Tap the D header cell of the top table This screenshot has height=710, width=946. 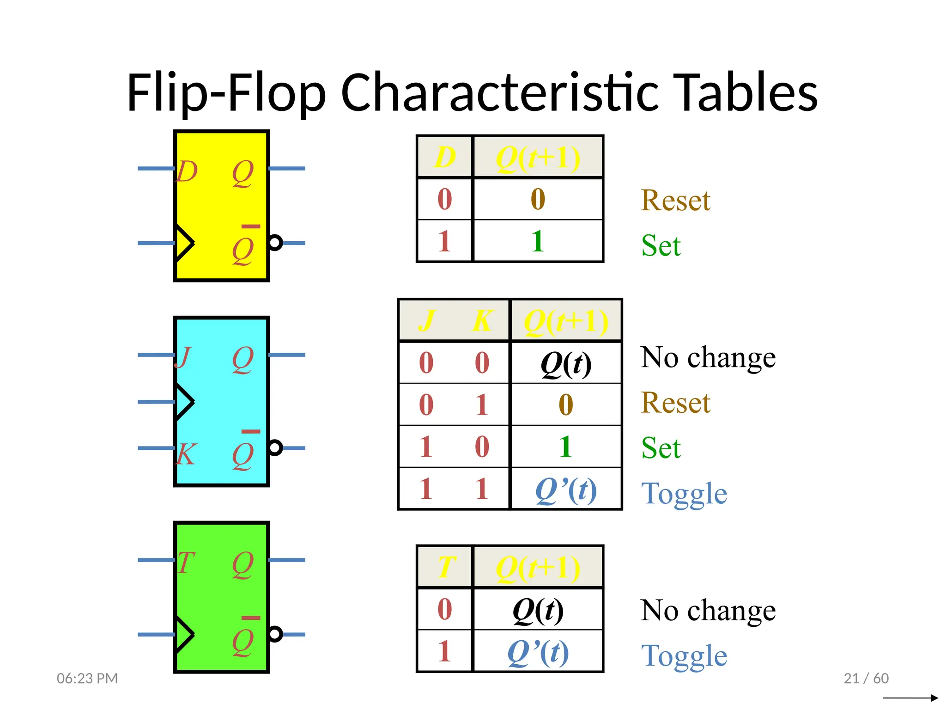[445, 157]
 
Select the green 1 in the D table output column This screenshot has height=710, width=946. [537, 241]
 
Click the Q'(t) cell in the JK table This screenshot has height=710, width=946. [566, 490]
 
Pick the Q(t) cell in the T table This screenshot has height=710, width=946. [538, 610]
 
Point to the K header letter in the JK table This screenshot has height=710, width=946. [482, 320]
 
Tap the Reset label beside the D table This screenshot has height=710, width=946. [675, 201]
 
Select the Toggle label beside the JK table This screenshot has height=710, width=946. [684, 494]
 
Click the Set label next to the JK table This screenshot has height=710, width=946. [661, 448]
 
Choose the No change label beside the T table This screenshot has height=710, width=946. [708, 611]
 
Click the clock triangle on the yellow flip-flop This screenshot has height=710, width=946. [184, 243]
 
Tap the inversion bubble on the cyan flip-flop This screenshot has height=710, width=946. [275, 447]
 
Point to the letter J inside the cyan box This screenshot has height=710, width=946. [183, 357]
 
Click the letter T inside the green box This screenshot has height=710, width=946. [186, 563]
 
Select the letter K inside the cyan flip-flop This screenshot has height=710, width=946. [186, 454]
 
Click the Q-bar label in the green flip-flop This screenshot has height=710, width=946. [243, 639]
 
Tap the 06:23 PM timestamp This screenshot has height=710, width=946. [87, 678]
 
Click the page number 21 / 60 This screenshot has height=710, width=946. [866, 678]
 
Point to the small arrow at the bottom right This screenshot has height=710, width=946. [910, 698]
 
